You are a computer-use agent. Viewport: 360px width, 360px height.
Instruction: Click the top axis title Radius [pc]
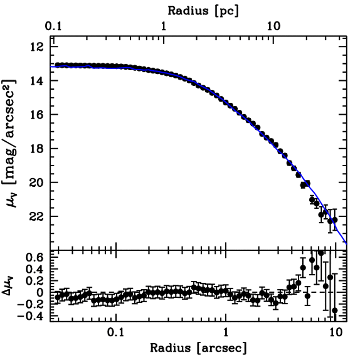pyautogui.click(x=203, y=11)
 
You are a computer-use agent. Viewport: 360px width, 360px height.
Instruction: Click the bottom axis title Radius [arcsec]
pyautogui.click(x=198, y=348)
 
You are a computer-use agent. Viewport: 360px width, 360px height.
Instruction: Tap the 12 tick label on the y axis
pyautogui.click(x=38, y=47)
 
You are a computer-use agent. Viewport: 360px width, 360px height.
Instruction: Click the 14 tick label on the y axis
pyautogui.click(x=38, y=81)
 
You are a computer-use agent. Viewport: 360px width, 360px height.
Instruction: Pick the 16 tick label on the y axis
pyautogui.click(x=38, y=115)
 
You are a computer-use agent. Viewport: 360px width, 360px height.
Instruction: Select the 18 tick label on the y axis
pyautogui.click(x=38, y=148)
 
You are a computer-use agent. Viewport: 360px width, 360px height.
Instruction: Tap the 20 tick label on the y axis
pyautogui.click(x=38, y=182)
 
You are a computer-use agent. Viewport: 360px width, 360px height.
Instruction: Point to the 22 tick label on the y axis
pyautogui.click(x=38, y=216)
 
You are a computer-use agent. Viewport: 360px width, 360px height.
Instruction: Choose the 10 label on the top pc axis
pyautogui.click(x=274, y=26)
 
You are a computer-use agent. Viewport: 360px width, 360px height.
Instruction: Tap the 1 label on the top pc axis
pyautogui.click(x=163, y=26)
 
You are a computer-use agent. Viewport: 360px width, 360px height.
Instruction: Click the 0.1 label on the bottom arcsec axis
pyautogui.click(x=116, y=333)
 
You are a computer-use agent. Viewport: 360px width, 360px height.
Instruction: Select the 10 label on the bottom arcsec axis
pyautogui.click(x=336, y=333)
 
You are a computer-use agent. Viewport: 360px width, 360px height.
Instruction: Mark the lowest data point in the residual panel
pyautogui.click(x=335, y=310)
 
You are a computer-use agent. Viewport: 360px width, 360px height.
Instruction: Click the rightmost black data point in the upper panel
pyautogui.click(x=335, y=220)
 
